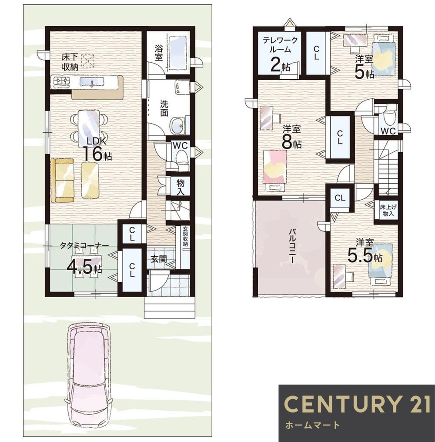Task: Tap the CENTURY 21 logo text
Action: coord(357,404)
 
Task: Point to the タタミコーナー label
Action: coord(84,245)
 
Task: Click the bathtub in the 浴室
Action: coord(177,53)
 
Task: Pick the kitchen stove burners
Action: coord(61,81)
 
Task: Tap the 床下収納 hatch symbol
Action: coord(88,61)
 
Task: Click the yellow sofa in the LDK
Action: coord(62,180)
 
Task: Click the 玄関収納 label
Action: coord(185,237)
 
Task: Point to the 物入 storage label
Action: coord(181,187)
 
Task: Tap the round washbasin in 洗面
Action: coord(177,125)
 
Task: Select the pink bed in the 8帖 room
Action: coord(275,171)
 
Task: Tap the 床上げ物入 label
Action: coord(388,210)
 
